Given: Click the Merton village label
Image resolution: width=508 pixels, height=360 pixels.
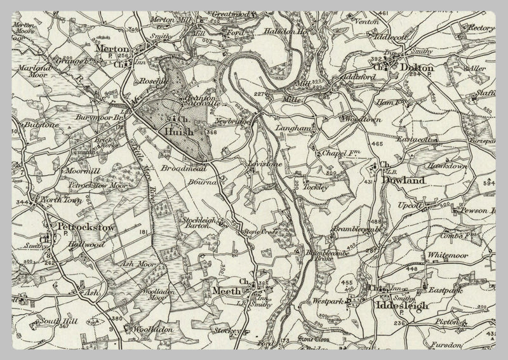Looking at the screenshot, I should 112,48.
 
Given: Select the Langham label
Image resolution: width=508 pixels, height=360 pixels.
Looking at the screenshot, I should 291,128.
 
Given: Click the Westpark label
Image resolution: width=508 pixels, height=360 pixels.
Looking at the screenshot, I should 327,301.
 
